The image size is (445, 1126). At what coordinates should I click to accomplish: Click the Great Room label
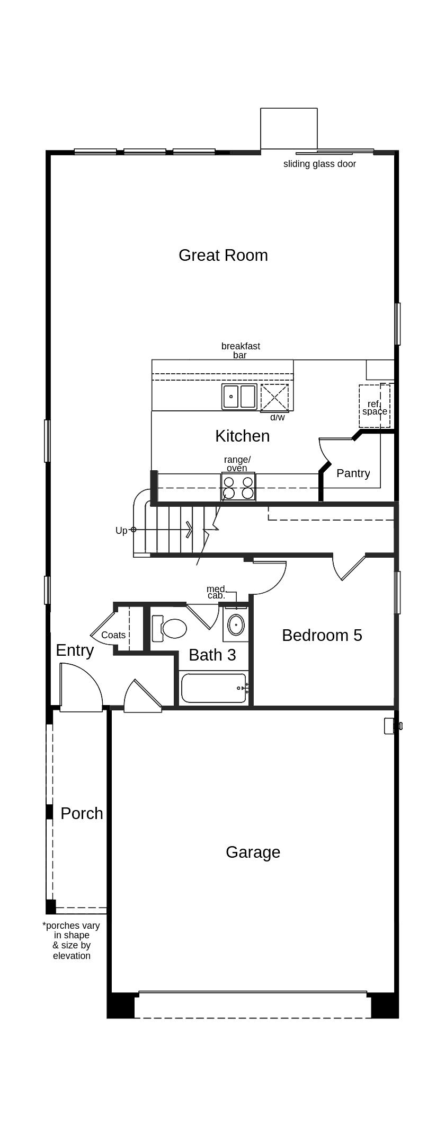click(223, 256)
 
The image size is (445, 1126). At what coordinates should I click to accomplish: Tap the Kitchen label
click(242, 436)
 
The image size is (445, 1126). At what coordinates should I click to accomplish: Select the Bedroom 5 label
click(322, 635)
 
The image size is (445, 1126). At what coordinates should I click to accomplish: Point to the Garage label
click(253, 852)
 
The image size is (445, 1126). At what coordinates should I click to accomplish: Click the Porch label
click(82, 813)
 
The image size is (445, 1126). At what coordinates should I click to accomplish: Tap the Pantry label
click(353, 473)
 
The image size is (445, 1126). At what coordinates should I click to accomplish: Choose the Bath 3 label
click(212, 655)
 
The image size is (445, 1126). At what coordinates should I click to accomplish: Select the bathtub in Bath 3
click(214, 688)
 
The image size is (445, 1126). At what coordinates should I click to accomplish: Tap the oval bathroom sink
click(236, 624)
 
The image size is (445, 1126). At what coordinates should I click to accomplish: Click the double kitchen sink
click(239, 397)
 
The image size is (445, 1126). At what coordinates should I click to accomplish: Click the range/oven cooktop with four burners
click(238, 487)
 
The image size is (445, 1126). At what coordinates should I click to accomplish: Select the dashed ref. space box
click(375, 406)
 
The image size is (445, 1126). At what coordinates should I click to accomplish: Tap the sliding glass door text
click(319, 164)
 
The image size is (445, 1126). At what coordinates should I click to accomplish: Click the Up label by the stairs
click(121, 531)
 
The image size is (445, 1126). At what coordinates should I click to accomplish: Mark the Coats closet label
click(113, 635)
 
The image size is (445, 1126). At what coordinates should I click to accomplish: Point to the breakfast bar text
click(241, 350)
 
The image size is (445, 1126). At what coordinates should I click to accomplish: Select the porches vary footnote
click(72, 940)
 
